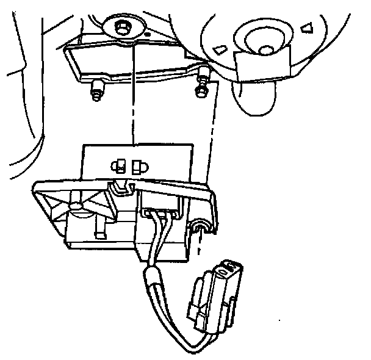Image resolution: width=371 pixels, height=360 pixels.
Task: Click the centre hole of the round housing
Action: coord(265,48)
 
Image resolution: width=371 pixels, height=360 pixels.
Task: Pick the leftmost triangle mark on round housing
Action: coord(218,49)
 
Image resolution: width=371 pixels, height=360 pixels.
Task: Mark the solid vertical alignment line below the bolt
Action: coord(132,104)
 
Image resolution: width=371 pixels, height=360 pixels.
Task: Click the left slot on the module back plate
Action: coord(120,164)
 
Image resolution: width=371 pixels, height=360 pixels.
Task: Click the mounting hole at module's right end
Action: coord(201,228)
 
